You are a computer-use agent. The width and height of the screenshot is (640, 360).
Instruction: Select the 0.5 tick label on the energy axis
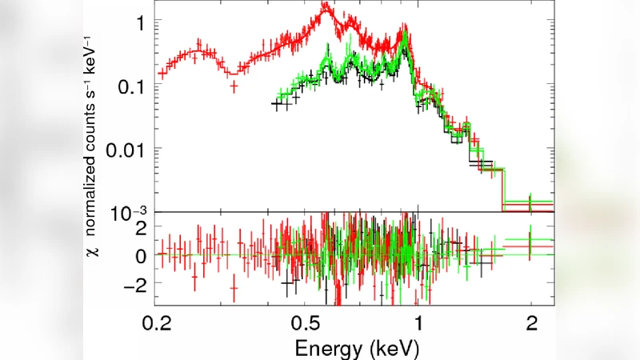coord(306,324)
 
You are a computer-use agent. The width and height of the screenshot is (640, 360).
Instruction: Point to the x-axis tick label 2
coord(530,324)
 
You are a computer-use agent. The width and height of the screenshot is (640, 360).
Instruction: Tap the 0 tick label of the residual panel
coord(140,256)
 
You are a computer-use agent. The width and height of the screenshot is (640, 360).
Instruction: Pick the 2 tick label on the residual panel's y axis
coord(140,227)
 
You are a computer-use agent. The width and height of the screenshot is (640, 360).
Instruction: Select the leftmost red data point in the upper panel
coord(162,73)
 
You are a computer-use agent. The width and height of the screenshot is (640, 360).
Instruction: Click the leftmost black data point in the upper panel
coord(276,104)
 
